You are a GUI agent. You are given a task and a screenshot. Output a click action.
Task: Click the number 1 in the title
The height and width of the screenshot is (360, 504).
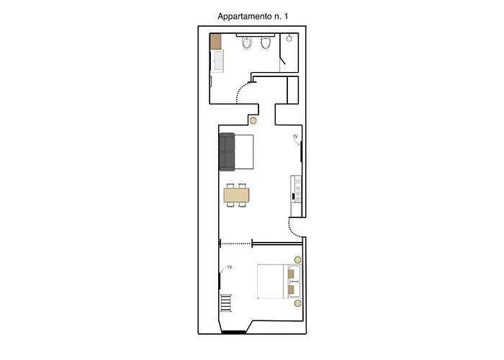pyautogui.click(x=286, y=16)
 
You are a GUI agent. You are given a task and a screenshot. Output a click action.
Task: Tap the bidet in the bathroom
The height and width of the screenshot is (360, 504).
pyautogui.click(x=246, y=43)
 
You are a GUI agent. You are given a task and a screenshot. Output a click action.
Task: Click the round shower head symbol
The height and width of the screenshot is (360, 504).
pyautogui.click(x=289, y=39)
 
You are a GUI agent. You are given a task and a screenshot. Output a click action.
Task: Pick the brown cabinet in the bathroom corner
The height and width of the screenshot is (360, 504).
pyautogui.click(x=216, y=42)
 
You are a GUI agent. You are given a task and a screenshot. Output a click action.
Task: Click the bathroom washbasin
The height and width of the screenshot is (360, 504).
pyautogui.click(x=217, y=60)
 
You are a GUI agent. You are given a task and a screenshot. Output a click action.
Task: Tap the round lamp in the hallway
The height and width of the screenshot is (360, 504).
pyautogui.click(x=253, y=121)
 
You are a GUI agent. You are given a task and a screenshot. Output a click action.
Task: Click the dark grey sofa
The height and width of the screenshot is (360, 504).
pyautogui.click(x=227, y=151)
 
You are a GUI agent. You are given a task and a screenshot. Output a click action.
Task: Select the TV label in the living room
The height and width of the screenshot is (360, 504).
pyautogui.click(x=295, y=137)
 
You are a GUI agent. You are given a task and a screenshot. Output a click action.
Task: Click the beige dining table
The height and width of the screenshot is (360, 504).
pyautogui.click(x=237, y=195)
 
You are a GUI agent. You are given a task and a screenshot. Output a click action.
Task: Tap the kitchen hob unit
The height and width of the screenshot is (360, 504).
pyautogui.click(x=296, y=189)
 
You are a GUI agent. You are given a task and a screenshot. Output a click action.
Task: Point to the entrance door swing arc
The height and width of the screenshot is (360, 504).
pyautogui.click(x=293, y=229)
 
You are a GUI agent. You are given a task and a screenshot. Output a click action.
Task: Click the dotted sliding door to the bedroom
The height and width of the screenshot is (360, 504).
pyautogui.click(x=235, y=243)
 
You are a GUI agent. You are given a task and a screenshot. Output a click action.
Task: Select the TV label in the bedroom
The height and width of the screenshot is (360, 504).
pyautogui.click(x=230, y=267)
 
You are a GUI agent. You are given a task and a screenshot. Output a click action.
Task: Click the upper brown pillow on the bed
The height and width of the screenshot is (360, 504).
pyautogui.click(x=291, y=274)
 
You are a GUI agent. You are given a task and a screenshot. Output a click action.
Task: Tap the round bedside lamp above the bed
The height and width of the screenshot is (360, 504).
pyautogui.click(x=298, y=260)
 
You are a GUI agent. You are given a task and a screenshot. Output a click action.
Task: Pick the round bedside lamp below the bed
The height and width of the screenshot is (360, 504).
pyautogui.click(x=298, y=303)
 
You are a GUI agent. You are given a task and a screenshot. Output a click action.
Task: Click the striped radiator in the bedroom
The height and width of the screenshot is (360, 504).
pyautogui.click(x=226, y=303)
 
